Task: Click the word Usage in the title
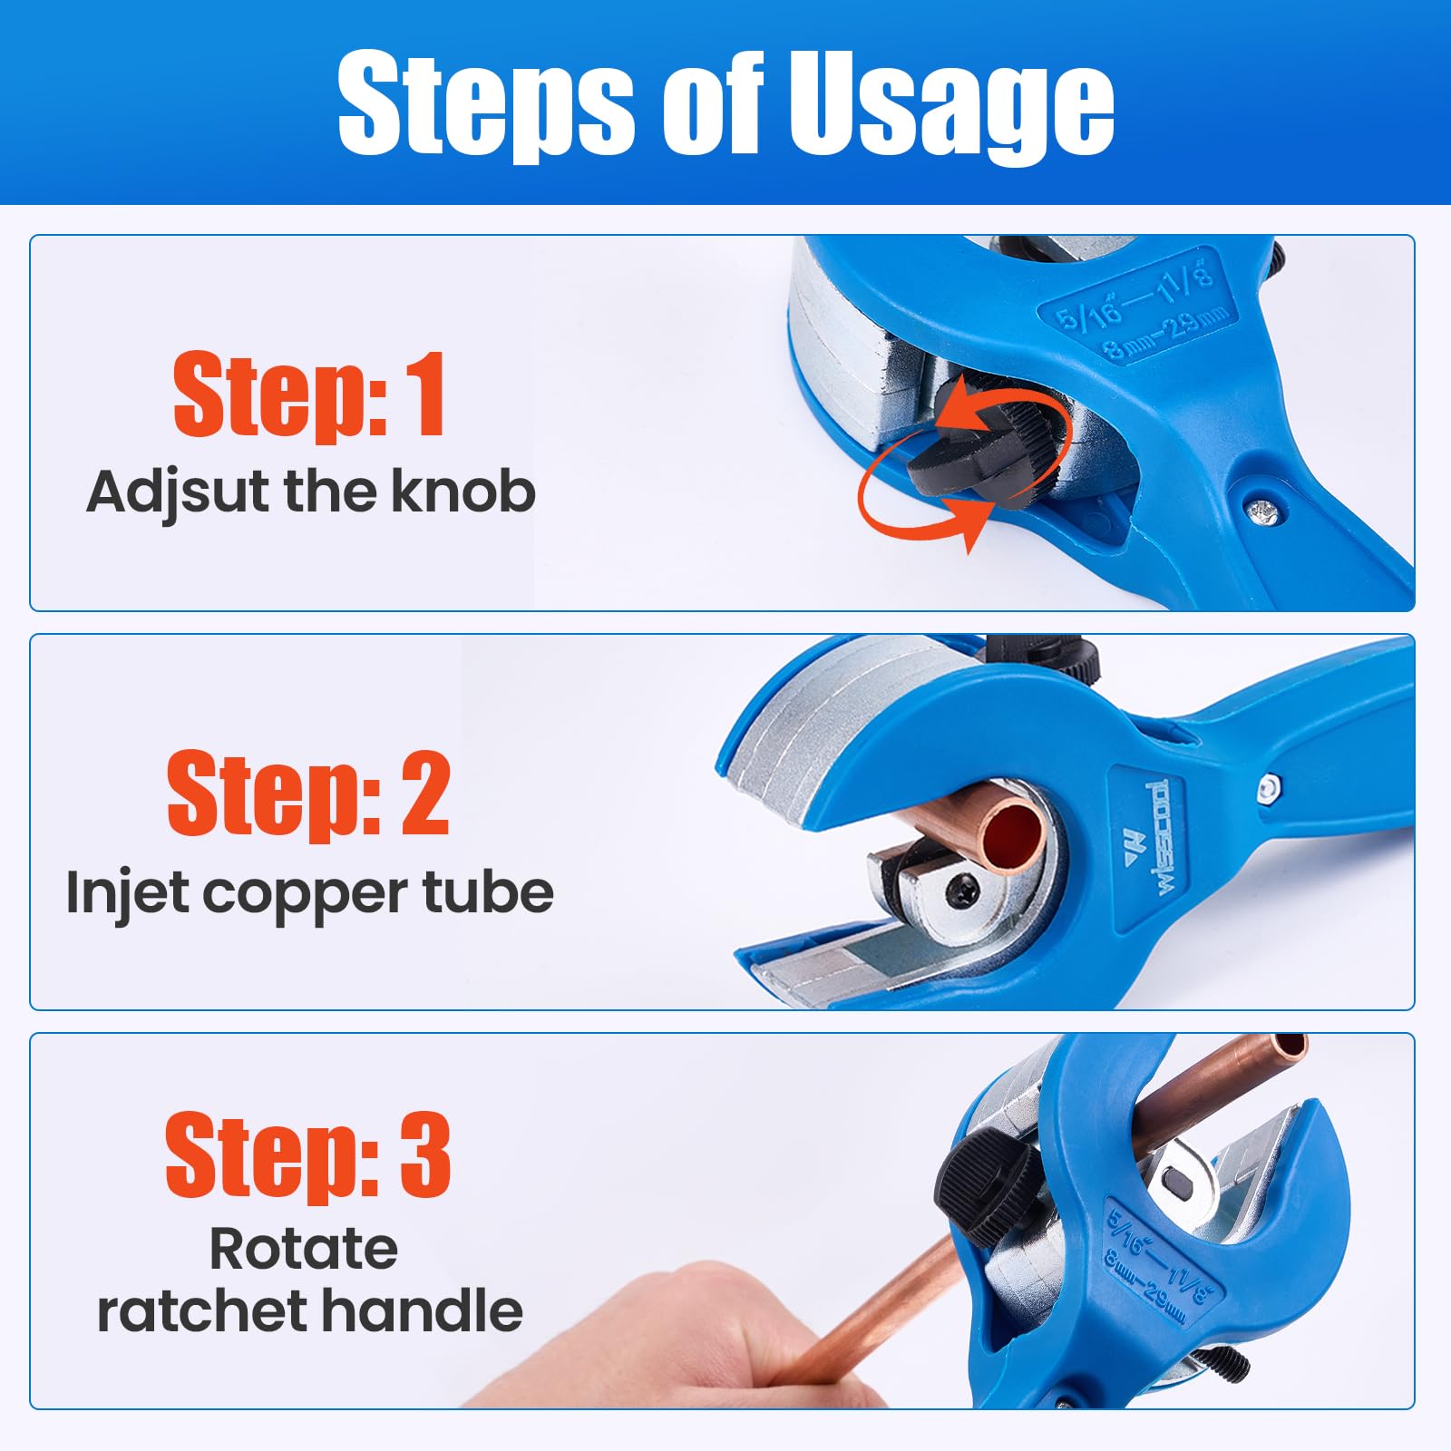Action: tap(951, 103)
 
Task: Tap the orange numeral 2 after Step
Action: tap(425, 794)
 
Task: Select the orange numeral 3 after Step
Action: tap(425, 1155)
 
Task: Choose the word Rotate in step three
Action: tap(304, 1249)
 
